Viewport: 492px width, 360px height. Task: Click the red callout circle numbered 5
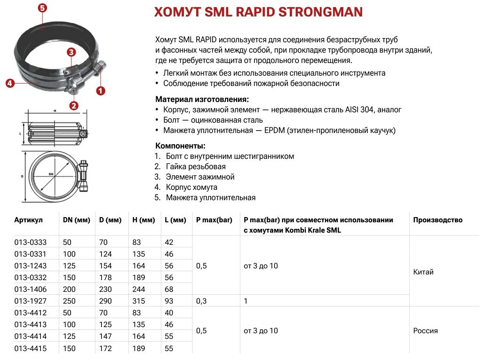click(x=42, y=8)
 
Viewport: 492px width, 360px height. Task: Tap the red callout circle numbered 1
click(x=100, y=91)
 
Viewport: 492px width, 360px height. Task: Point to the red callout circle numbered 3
click(x=71, y=52)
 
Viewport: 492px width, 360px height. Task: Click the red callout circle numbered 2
click(x=74, y=106)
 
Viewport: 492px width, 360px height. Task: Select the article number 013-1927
click(x=31, y=301)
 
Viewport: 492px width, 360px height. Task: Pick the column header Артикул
click(x=29, y=220)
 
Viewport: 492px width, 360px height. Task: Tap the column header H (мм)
click(x=143, y=220)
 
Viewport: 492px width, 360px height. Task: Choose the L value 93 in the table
click(x=169, y=301)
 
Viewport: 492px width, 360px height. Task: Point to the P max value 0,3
click(x=201, y=301)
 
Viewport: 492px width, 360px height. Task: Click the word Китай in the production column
click(x=423, y=272)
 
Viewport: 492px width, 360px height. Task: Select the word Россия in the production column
click(x=426, y=330)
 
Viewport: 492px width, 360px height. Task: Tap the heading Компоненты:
click(x=180, y=146)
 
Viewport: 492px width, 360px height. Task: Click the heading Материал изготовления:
click(x=202, y=99)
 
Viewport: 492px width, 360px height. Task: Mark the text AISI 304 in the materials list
click(x=357, y=110)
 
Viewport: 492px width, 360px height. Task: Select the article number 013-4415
click(x=31, y=348)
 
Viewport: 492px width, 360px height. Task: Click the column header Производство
click(x=438, y=220)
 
